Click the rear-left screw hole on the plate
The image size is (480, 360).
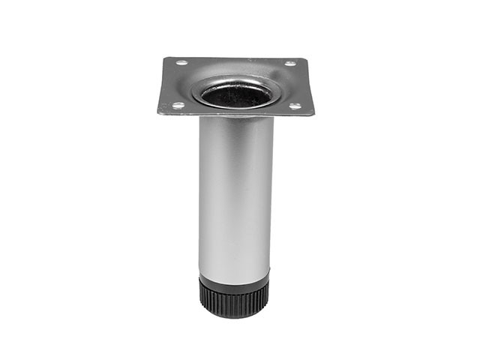coord(181,63)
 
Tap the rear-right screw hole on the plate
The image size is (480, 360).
coord(289,63)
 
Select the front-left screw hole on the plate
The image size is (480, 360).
coord(178,106)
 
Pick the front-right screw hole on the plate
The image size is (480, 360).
coord(295,106)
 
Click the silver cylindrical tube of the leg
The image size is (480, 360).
coord(235,195)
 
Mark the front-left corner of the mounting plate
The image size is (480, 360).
coord(158,114)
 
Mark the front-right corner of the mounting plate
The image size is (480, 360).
coord(313,114)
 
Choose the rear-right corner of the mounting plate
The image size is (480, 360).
coord(305,58)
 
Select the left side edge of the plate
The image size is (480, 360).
coord(162,86)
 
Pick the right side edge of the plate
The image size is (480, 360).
coord(310,86)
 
